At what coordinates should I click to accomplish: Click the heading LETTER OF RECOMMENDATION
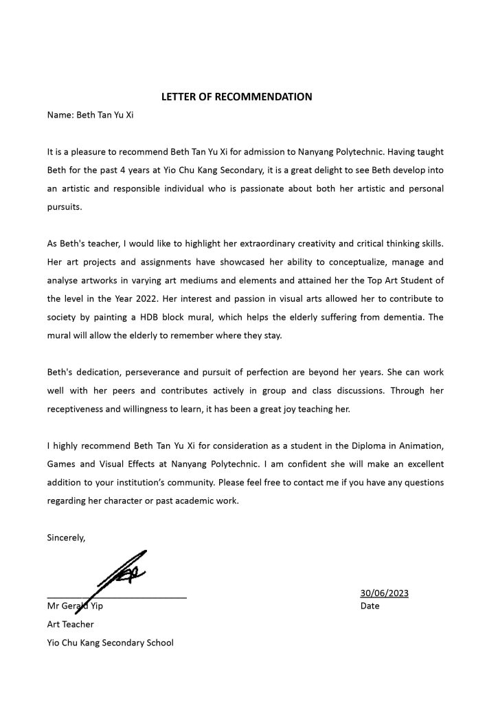(x=236, y=97)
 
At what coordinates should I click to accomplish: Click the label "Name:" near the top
(x=60, y=115)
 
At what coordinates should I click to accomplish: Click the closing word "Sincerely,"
(x=66, y=538)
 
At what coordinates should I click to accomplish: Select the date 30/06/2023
(x=384, y=593)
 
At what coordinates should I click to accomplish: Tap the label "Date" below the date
(x=370, y=606)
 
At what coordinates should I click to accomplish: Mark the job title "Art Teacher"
(x=70, y=624)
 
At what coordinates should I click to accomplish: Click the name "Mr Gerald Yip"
(x=75, y=606)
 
